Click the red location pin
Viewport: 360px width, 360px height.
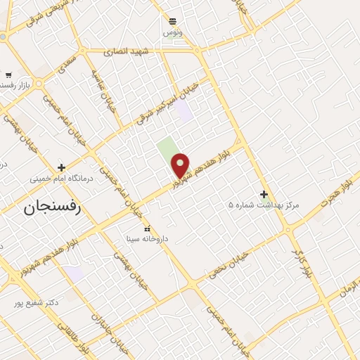coord(181,165)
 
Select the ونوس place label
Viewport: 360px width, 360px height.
coord(172,32)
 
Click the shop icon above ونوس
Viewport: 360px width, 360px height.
coord(172,21)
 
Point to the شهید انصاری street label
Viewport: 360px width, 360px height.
coord(127,51)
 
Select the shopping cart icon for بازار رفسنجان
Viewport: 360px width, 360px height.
coord(8,75)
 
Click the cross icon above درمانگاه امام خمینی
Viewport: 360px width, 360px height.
coord(62,167)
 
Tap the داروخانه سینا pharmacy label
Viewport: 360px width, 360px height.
coord(147,239)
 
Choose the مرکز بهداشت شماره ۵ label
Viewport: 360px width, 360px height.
coord(264,205)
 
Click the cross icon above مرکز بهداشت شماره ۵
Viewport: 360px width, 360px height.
coord(264,194)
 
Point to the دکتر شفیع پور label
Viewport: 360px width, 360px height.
coord(36,302)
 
